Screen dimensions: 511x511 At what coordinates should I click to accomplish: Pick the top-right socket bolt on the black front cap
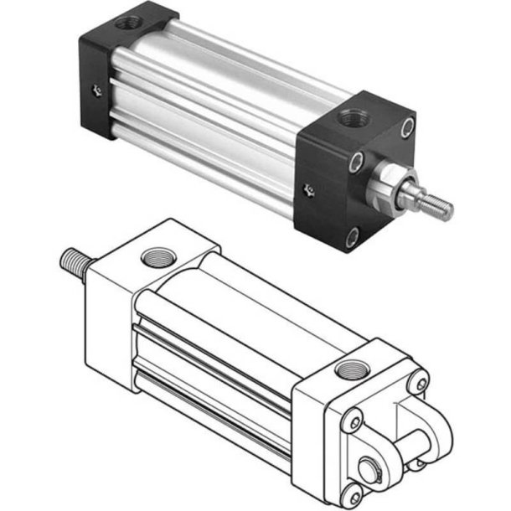(407, 127)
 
